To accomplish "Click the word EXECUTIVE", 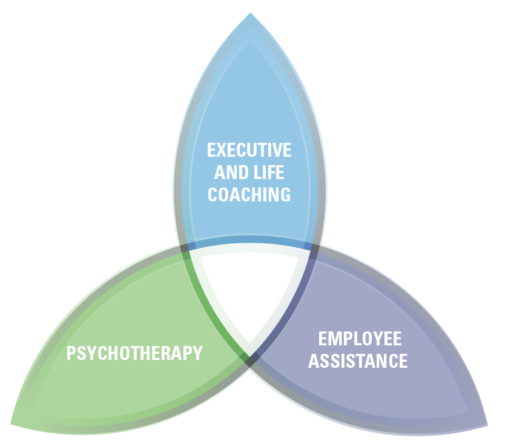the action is (x=249, y=150).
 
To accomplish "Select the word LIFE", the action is (x=268, y=172).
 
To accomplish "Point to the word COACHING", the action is (x=249, y=194).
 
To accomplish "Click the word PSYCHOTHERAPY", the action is (x=134, y=353).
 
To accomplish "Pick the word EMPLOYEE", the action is (x=360, y=339).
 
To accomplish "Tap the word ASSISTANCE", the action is (x=358, y=361).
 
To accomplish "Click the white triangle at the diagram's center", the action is (x=250, y=290).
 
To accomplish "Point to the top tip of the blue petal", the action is (x=250, y=13).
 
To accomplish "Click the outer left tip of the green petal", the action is (x=11, y=424).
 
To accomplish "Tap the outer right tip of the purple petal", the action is (x=487, y=425).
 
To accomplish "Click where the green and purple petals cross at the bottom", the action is (x=250, y=360).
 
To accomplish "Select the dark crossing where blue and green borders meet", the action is (x=185, y=249).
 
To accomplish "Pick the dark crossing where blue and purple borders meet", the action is (x=315, y=249).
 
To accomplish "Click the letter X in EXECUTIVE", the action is (x=221, y=150).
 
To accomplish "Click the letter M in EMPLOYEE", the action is (x=334, y=339).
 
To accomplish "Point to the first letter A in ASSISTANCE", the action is (x=314, y=361).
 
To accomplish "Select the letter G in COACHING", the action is (x=285, y=194).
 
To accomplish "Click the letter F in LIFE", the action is (x=271, y=172).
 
